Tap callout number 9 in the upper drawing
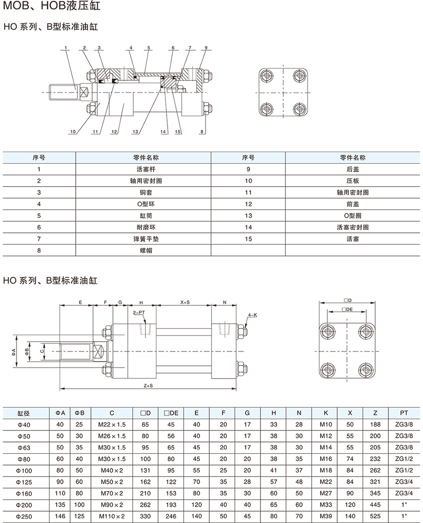click(x=205, y=47)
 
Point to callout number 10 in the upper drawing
click(x=73, y=132)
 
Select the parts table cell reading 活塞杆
click(x=143, y=169)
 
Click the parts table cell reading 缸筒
click(x=143, y=216)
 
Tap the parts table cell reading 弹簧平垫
click(x=143, y=239)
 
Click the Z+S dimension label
click(x=149, y=386)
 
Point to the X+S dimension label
click(x=185, y=302)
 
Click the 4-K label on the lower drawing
click(x=252, y=315)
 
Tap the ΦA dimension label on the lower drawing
click(x=14, y=351)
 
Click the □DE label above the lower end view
click(x=347, y=309)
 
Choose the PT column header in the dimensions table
click(x=404, y=412)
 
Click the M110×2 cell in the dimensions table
click(x=112, y=516)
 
